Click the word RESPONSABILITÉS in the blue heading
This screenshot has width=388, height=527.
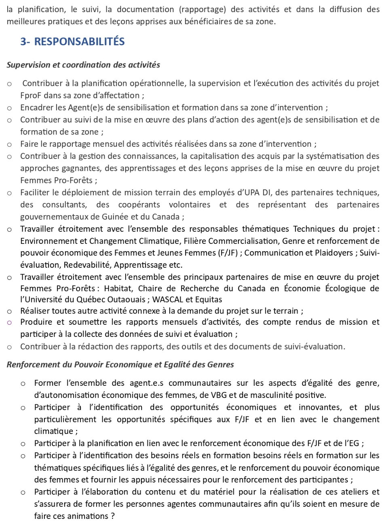(79, 42)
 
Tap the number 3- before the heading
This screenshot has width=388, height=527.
(25, 42)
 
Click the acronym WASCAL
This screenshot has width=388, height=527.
(168, 300)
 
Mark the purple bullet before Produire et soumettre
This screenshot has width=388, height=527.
(9, 322)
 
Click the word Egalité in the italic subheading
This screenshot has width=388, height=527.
(176, 365)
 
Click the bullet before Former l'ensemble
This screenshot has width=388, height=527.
(23, 383)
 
